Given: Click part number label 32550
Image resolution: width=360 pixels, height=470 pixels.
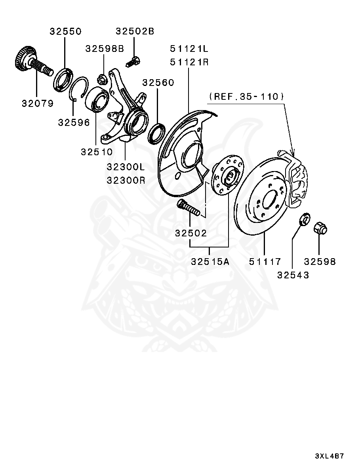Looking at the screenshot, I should [x=65, y=32].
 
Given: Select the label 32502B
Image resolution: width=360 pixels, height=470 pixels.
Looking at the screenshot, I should [x=135, y=31].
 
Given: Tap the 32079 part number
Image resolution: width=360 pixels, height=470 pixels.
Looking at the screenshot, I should [x=37, y=104].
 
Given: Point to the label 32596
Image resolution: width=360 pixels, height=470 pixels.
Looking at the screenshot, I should [x=74, y=122].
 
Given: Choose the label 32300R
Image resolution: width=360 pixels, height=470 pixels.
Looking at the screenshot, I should [x=126, y=181].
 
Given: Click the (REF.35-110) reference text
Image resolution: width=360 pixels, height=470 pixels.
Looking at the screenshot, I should [x=246, y=96].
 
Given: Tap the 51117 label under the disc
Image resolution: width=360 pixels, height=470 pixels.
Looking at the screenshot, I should [x=265, y=262].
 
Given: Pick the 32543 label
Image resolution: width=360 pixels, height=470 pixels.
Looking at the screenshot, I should [x=293, y=275].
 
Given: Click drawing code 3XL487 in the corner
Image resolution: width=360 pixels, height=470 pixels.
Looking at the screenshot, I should [x=329, y=456].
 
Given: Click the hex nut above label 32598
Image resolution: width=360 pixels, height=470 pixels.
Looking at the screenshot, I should [x=320, y=228].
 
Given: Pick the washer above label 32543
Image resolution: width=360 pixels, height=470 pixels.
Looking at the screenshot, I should [x=304, y=220].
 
